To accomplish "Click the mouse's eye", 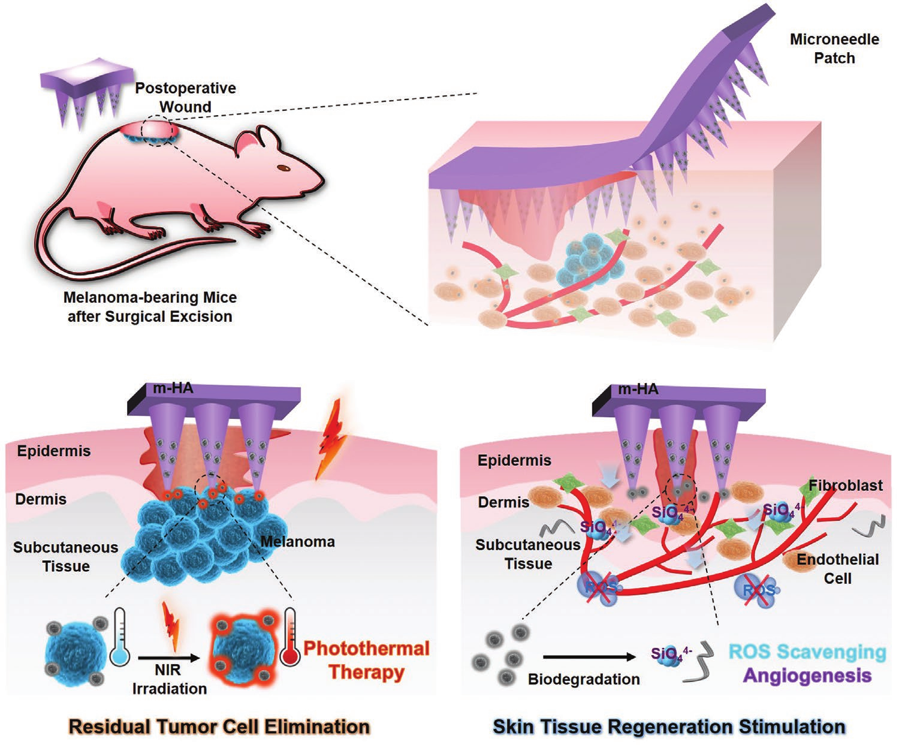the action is click(283, 167).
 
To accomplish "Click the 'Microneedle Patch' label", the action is click(834, 49).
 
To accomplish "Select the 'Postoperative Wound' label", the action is click(186, 97).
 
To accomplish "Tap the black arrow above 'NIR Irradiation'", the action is click(169, 658).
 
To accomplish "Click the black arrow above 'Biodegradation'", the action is click(589, 657).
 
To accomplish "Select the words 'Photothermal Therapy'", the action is click(367, 660).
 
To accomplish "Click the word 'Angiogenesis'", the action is click(808, 675).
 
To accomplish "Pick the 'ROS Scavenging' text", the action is click(807, 652).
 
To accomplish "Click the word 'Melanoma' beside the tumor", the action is click(298, 541).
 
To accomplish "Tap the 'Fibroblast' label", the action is click(846, 485).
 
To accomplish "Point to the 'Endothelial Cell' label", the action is click(838, 568).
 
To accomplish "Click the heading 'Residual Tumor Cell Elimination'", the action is click(219, 726).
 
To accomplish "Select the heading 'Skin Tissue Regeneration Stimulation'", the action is click(669, 726).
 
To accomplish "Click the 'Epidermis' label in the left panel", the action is click(54, 451).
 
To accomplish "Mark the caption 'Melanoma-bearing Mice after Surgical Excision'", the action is click(150, 307).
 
